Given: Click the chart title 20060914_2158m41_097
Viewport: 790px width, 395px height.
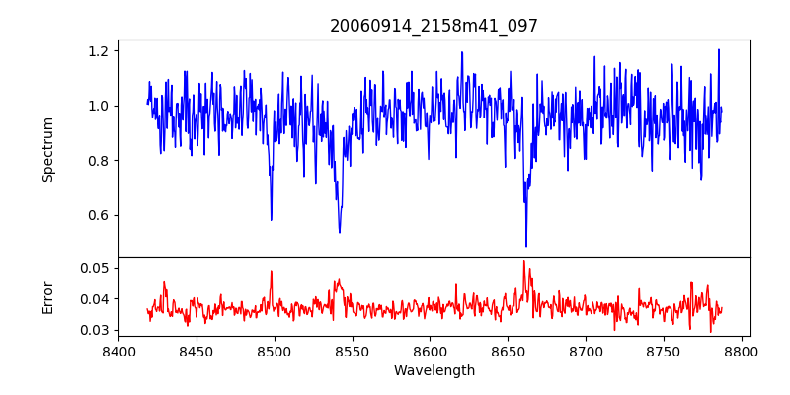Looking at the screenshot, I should (434, 26).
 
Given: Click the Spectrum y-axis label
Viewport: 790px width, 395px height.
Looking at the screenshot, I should (47, 149).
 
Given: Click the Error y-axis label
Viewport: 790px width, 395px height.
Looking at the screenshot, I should (47, 297).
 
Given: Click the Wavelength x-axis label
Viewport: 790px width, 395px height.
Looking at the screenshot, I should (434, 370).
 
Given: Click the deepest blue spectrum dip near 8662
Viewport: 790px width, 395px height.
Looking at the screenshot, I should (526, 246).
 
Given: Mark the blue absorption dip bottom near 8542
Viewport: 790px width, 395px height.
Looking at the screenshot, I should (340, 232).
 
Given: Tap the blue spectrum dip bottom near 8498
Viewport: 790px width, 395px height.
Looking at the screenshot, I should (272, 219).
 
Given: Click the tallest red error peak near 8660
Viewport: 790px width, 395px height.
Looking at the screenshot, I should (524, 261).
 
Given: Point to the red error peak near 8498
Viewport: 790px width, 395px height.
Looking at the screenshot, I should (271, 270).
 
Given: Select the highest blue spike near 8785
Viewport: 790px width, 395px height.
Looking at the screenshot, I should (719, 49).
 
